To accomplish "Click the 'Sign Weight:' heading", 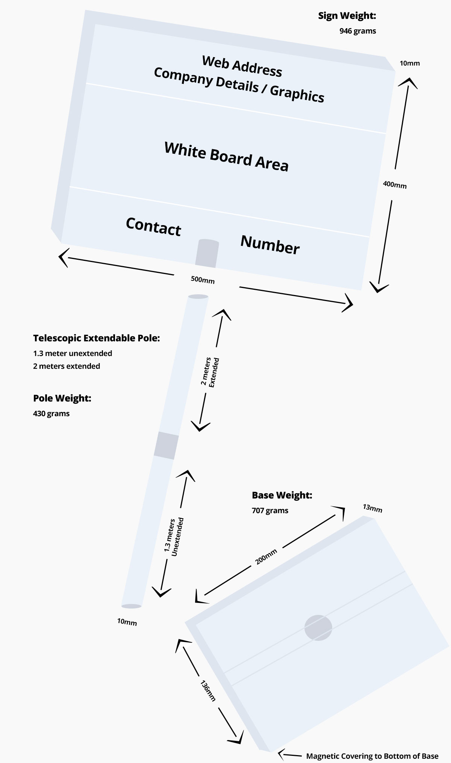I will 347,16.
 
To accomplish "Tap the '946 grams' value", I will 357,31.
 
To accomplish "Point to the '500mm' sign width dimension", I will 203,279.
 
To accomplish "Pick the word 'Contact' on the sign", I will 153,227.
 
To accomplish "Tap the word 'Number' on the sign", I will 270,245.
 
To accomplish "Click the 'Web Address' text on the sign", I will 242,66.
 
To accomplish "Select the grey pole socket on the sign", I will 207,253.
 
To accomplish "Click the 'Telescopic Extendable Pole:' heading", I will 97,338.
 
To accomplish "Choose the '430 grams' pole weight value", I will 51,413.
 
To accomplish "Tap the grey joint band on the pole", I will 166,445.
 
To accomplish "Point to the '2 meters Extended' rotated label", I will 210,372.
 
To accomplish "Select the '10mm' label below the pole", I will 127,622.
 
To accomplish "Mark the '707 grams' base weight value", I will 270,510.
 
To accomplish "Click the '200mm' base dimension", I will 266,556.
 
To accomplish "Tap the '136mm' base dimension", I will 208,690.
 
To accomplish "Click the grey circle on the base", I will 318,628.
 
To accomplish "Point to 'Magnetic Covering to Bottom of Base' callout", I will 372,756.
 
